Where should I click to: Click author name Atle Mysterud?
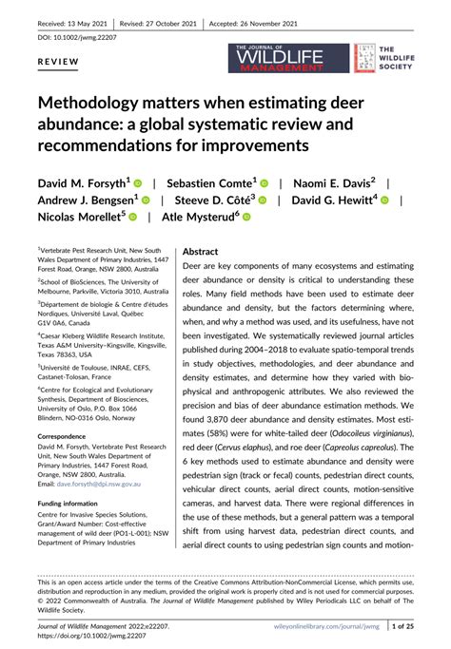(202, 217)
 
